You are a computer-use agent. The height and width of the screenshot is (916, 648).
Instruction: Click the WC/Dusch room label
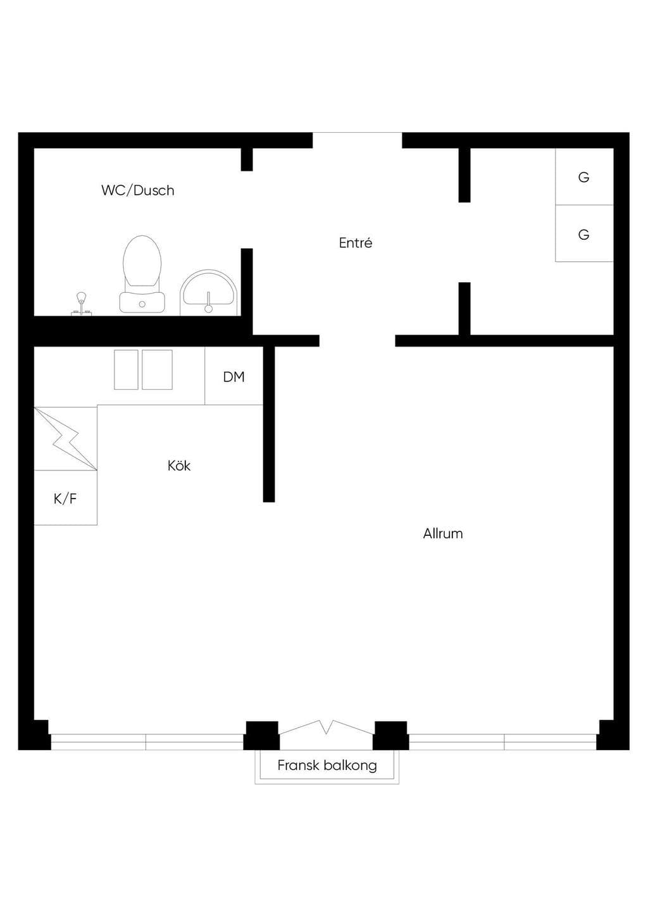[x=138, y=190]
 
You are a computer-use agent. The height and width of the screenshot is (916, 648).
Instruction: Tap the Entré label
[x=356, y=243]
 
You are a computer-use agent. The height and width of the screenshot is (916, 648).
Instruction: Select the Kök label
[x=179, y=466]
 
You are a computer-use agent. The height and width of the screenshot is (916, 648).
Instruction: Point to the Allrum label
[x=443, y=534]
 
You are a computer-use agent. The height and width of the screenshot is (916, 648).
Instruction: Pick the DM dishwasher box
[x=234, y=376]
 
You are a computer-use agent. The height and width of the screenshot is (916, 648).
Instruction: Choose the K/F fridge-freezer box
[x=65, y=498]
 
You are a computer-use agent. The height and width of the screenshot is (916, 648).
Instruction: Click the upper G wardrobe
[x=584, y=176]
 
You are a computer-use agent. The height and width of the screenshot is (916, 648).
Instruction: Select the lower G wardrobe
[x=584, y=233]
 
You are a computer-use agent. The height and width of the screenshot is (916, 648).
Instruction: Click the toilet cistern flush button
[x=142, y=304]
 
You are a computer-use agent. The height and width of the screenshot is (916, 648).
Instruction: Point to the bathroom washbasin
[x=209, y=293]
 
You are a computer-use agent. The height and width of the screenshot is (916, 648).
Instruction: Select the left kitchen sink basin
[x=126, y=369]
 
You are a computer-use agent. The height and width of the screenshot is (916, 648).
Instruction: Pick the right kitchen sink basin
[x=157, y=369]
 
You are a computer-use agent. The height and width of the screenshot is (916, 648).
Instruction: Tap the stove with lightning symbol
[x=65, y=438]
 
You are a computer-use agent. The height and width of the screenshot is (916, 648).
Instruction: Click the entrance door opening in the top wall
[x=358, y=140]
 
